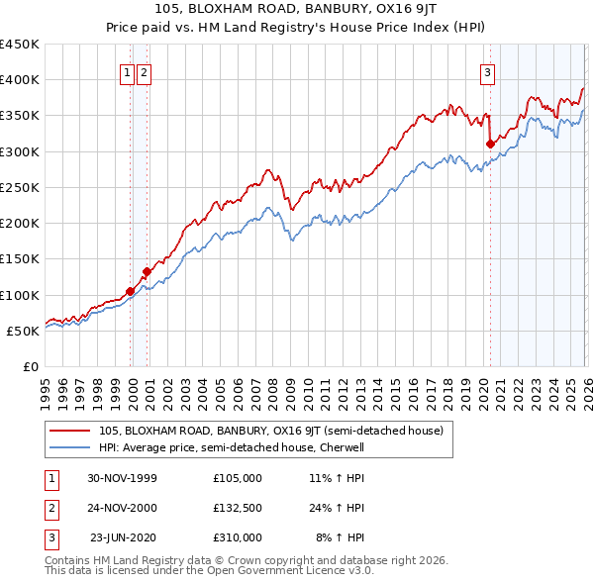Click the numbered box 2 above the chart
point(145,72)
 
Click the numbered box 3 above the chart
point(488,72)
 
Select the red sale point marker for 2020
point(490,144)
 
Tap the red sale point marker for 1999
point(130,291)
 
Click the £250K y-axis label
point(21,187)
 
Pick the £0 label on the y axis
point(30,366)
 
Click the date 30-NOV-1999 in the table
point(122,477)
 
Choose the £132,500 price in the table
point(238,508)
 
